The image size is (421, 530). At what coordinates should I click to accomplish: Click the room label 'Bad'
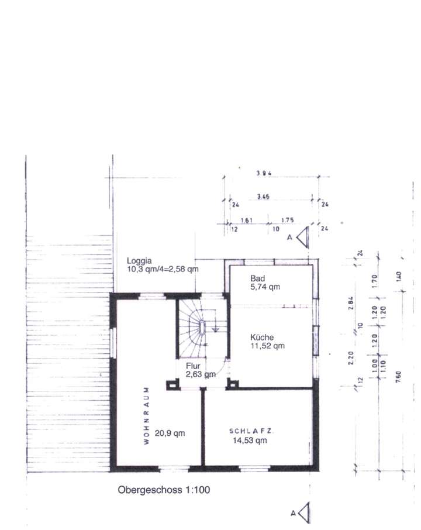(x=258, y=278)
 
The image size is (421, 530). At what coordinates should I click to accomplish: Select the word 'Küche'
(x=261, y=337)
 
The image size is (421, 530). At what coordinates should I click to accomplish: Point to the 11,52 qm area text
(x=267, y=346)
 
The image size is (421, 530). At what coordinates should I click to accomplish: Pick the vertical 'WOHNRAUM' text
(x=146, y=415)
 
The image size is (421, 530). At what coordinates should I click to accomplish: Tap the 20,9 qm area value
(x=170, y=433)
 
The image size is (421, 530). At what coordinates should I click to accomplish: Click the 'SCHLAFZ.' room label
(x=253, y=431)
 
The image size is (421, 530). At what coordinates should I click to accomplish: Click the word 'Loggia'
(x=140, y=261)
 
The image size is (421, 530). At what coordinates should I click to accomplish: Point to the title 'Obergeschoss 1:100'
(x=164, y=490)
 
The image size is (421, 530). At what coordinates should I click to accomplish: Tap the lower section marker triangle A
(x=303, y=514)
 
